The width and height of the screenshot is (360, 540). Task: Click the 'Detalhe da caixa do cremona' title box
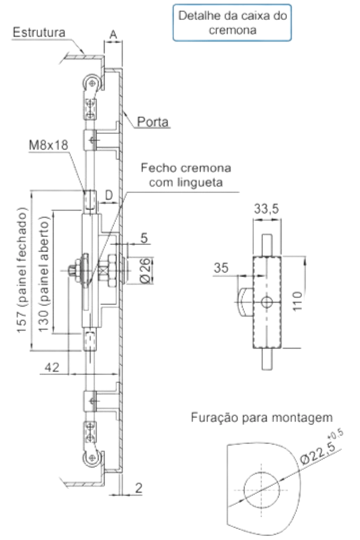(x=232, y=23)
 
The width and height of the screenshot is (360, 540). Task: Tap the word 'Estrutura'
(x=39, y=32)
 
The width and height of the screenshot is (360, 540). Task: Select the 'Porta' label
(x=152, y=122)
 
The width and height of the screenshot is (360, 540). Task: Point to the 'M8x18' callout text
(x=49, y=145)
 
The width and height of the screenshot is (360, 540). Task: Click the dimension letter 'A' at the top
(x=113, y=34)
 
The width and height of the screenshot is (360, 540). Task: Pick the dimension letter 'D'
(x=109, y=195)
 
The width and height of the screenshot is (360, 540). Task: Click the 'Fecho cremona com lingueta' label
(x=186, y=175)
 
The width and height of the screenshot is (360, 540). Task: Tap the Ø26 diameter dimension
(x=146, y=271)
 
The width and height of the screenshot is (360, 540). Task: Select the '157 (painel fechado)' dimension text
(x=22, y=270)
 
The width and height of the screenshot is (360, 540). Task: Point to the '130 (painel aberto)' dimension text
(x=43, y=274)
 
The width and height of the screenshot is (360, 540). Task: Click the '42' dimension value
(x=52, y=367)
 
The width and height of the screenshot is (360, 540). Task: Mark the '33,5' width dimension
(x=266, y=209)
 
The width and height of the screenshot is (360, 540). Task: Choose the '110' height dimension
(x=298, y=301)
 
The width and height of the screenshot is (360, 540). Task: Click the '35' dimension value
(x=221, y=268)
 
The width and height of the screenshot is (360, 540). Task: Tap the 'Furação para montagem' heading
(x=262, y=418)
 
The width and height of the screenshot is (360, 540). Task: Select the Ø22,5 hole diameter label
(x=322, y=448)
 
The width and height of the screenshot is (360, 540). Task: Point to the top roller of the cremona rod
(x=91, y=83)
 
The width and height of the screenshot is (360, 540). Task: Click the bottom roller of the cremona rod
(x=91, y=458)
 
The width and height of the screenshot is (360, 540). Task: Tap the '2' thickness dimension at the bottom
(x=139, y=488)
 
